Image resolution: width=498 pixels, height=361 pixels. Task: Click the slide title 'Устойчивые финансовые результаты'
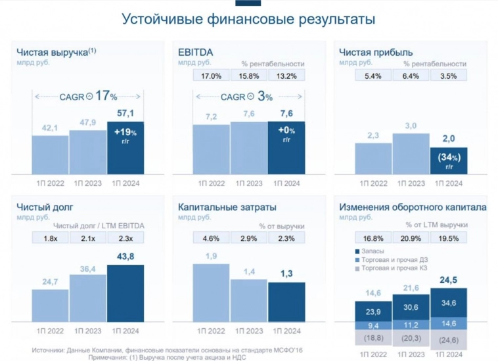tap(248, 19)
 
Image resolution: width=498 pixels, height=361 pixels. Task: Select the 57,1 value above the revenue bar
tap(125, 113)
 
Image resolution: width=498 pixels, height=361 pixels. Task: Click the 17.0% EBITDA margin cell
tap(211, 75)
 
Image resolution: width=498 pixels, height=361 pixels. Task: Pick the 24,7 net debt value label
tap(50, 282)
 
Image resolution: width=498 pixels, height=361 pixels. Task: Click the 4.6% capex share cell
tap(211, 238)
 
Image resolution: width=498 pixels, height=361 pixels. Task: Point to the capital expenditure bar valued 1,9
tap(211, 292)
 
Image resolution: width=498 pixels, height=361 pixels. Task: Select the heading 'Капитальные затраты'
tap(223, 207)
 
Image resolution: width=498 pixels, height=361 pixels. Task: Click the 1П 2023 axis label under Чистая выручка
tap(87, 183)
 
